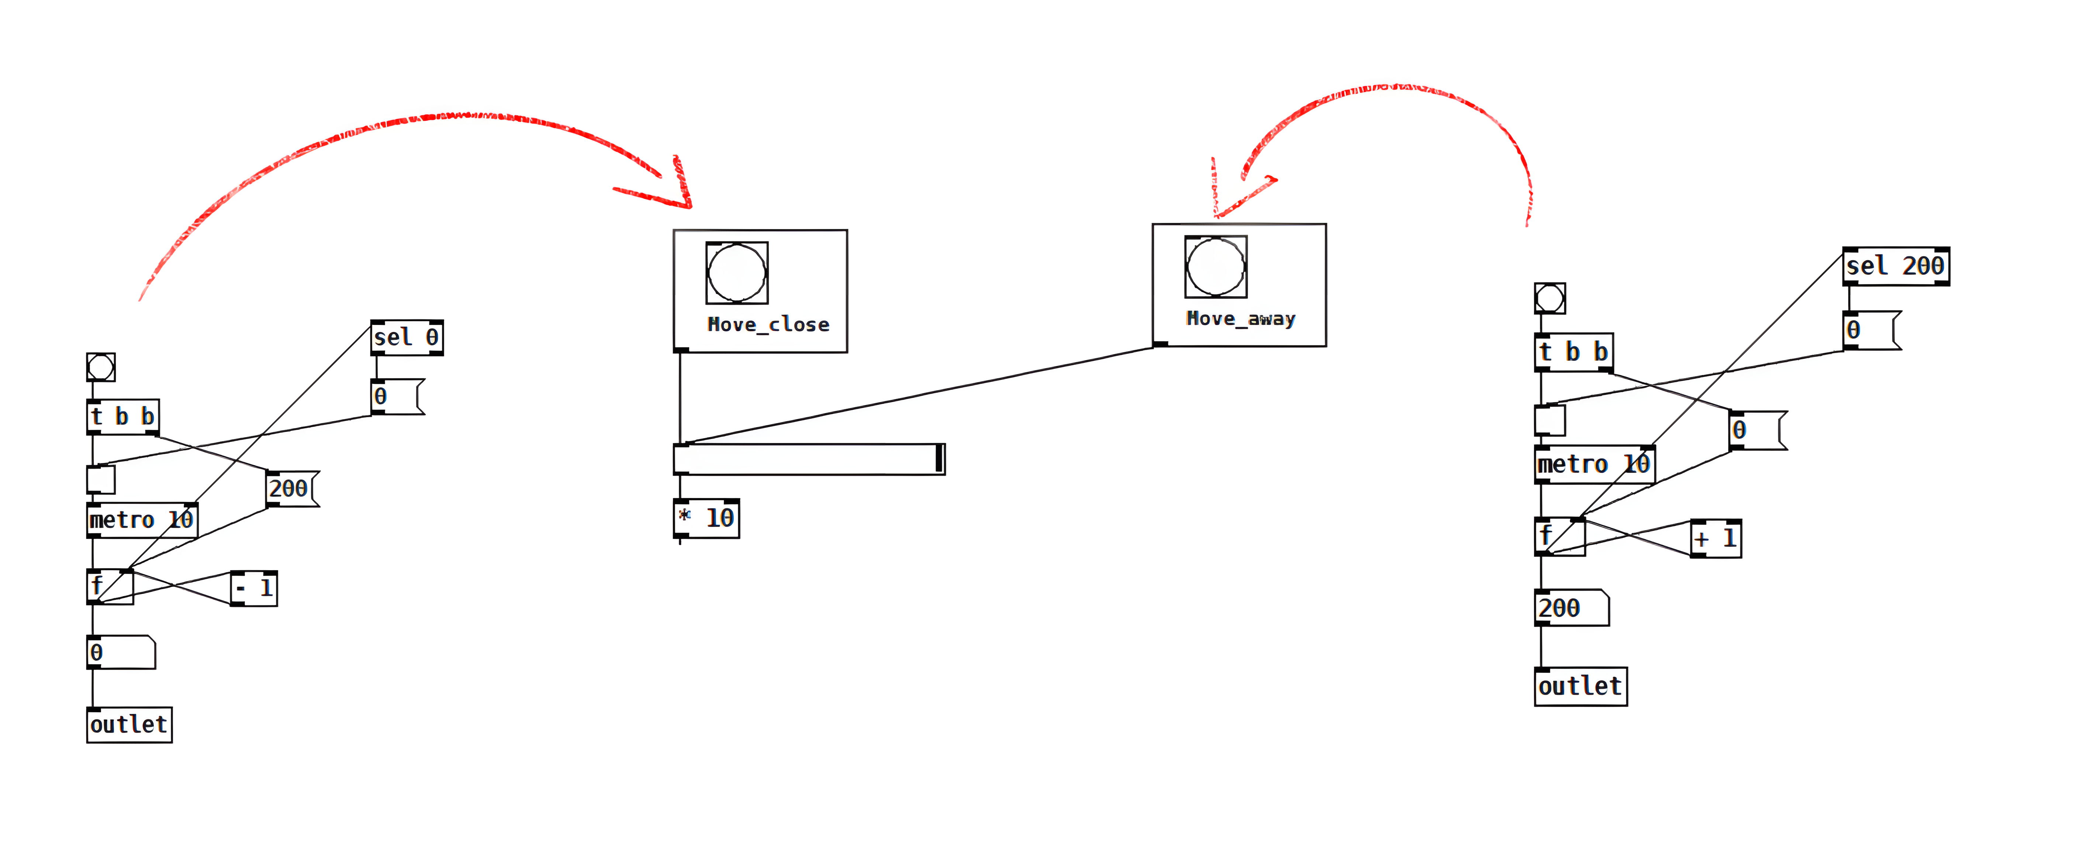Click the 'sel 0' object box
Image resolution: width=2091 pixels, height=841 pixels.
407,337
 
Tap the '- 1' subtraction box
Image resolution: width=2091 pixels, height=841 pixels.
254,588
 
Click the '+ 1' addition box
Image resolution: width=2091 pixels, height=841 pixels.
1715,538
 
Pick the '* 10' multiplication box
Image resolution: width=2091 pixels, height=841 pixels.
706,518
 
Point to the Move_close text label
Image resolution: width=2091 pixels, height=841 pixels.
768,325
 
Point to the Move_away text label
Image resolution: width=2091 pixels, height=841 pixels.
1240,319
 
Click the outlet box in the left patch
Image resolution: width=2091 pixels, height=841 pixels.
129,724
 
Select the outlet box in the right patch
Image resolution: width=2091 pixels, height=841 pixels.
1580,687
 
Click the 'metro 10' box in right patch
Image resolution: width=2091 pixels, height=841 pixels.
1593,464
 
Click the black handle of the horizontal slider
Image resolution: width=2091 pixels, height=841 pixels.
939,458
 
